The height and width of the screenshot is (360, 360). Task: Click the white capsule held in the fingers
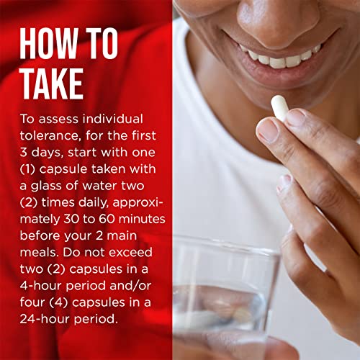pos(279,108)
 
